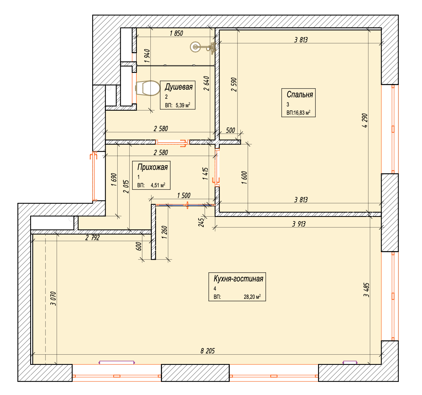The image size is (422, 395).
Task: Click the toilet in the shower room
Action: coord(148,88)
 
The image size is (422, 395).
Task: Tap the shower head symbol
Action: coord(203,47)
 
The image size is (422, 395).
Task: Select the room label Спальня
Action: coord(300,94)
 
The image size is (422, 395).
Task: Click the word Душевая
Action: coord(179,87)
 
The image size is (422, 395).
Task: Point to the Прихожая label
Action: coord(152,167)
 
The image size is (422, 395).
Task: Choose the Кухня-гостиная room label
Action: coord(238,279)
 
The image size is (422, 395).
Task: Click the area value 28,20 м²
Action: coord(252,297)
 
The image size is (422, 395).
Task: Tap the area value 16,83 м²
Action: coord(302,113)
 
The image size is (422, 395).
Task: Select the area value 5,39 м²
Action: coord(183,105)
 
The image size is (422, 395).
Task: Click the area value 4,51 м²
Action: coord(158,185)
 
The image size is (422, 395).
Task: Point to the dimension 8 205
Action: coord(208,351)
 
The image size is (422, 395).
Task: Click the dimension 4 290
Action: coord(364,120)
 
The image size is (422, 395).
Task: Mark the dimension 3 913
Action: coord(299,224)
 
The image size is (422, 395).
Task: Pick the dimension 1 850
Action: coord(176,33)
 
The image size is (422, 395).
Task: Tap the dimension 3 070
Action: coord(53,299)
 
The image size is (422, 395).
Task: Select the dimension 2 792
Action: coord(93,237)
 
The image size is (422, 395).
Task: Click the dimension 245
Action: coord(201,222)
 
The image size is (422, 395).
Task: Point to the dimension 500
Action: coord(230,130)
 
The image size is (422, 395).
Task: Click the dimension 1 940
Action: coord(147,56)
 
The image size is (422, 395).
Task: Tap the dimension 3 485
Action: coord(366,290)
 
